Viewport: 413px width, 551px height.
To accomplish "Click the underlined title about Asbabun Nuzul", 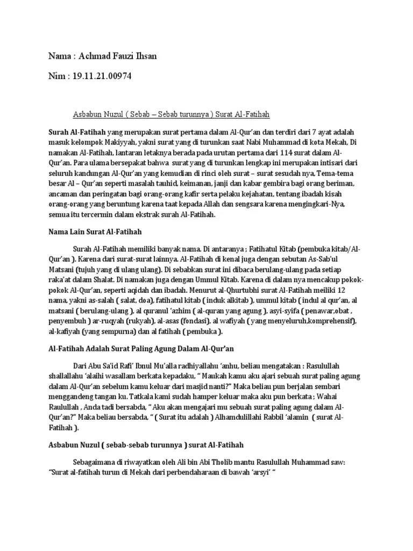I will coord(171,115).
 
